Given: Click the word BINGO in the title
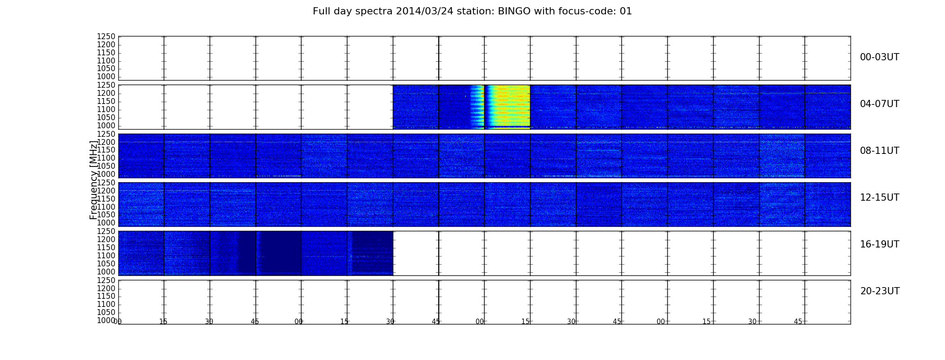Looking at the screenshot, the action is coord(514,11).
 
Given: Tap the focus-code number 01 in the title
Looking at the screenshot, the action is coord(625,11).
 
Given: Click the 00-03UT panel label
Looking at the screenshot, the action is coord(879,57).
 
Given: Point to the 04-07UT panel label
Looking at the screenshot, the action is coord(879,104).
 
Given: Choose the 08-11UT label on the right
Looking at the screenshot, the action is coord(879,151).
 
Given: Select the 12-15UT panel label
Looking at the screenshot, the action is coord(879,198).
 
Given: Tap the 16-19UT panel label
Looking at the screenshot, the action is coord(879,244).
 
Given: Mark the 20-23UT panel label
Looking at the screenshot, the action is coord(880,291).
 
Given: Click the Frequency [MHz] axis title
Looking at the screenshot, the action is coord(93,180).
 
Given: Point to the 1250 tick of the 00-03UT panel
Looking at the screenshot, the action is coord(106,37).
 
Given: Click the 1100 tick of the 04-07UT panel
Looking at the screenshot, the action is coord(106,109).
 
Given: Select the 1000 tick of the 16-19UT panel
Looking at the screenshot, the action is coord(106,272).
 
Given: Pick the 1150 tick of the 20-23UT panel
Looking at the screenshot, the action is coord(106,296).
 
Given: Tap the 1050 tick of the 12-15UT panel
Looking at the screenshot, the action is coord(106,215).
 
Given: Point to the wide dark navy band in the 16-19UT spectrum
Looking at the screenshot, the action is coord(279,253).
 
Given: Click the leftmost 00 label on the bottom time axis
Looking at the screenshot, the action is coord(118,321).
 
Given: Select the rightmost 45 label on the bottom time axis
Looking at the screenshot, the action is coord(798,321).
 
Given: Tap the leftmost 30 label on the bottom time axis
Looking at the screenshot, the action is coord(209,321).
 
